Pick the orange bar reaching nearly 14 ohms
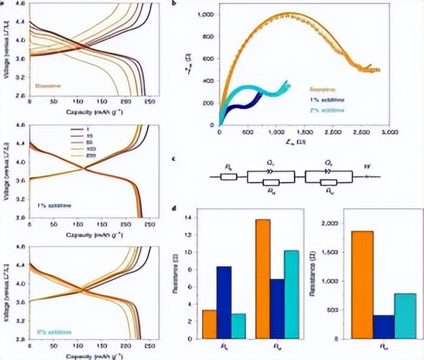click(x=262, y=279)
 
